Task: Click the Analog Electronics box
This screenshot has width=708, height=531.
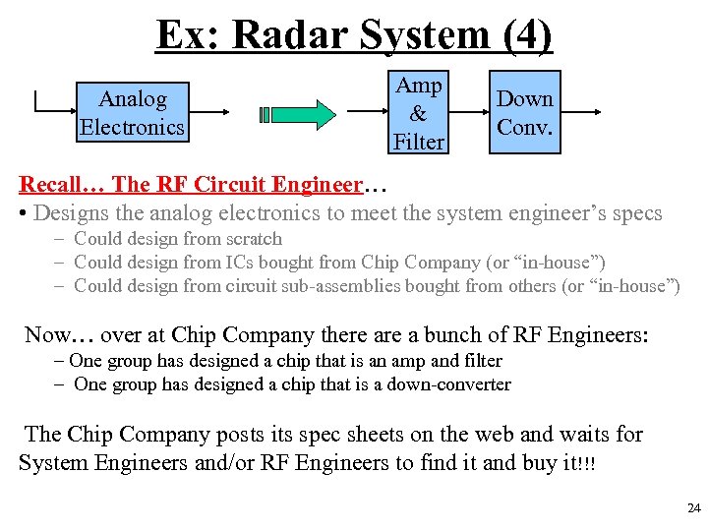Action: pos(132,113)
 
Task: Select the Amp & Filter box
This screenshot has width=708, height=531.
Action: pos(419,113)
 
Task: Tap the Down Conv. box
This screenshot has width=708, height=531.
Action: pos(524,113)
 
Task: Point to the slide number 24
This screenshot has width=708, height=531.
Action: pos(693,508)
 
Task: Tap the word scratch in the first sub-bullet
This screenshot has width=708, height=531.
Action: pos(251,239)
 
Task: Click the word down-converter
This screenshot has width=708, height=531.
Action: pos(453,384)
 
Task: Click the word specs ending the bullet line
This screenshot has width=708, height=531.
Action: pos(637,212)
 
